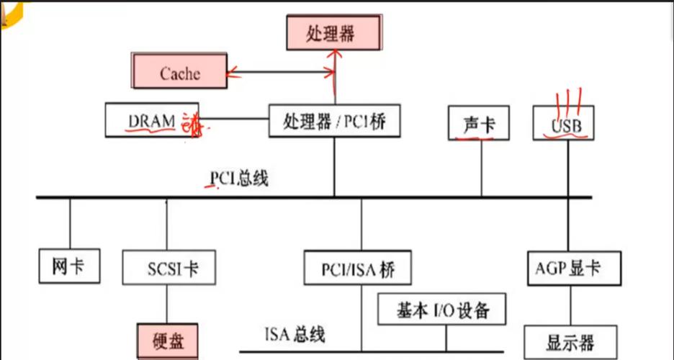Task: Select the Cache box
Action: [179, 73]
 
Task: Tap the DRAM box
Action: [152, 120]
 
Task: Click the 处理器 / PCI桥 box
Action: [333, 120]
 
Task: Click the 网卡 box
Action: [69, 266]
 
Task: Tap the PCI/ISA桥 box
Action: [357, 270]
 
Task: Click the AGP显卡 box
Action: [568, 269]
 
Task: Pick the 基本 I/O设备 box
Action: [442, 310]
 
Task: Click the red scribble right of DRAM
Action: [192, 124]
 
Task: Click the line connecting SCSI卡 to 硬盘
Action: [168, 303]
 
